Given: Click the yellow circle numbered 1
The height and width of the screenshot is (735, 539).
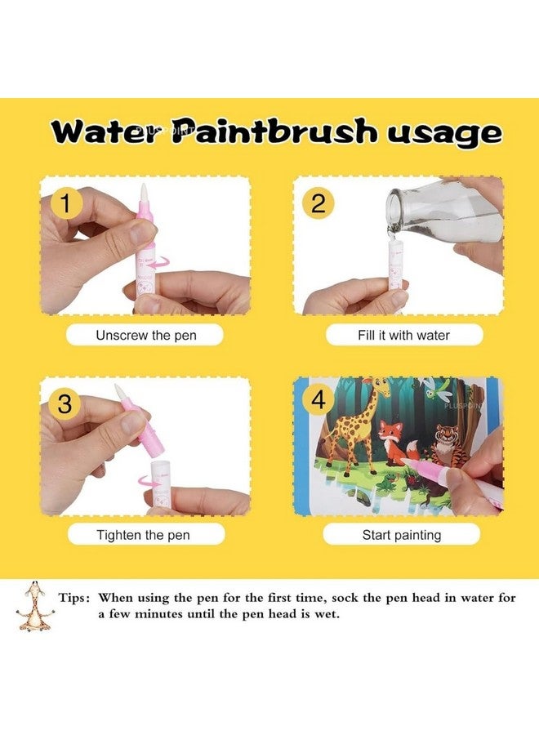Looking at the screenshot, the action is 66,204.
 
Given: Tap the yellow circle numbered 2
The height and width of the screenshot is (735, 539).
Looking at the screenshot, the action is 318,204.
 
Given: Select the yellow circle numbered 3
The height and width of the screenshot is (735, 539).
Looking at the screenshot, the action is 65,403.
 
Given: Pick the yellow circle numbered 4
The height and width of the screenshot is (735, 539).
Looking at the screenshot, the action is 318,401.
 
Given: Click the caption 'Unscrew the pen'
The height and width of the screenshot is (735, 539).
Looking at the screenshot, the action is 145,335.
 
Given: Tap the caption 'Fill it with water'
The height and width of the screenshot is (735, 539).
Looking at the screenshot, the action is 403,335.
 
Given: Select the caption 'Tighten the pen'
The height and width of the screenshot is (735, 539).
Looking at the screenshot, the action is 143,535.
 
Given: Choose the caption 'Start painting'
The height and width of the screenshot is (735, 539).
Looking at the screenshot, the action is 402,535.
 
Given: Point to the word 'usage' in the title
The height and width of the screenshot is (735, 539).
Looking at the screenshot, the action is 444,135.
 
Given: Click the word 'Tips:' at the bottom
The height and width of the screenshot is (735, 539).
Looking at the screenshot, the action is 73,598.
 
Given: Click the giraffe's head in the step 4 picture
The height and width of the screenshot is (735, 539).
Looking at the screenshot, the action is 382,385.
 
